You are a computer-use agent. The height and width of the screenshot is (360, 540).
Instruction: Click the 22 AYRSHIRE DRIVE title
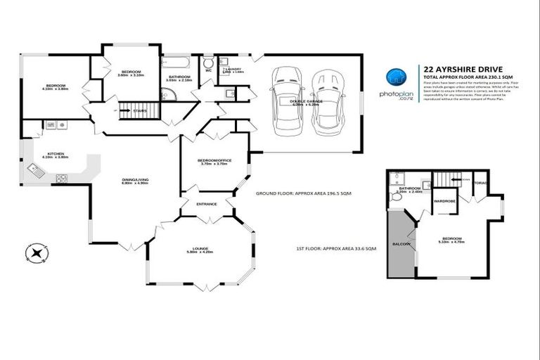pyautogui.click(x=462, y=69)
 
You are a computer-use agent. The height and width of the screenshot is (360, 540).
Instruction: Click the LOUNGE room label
pyautogui.click(x=200, y=248)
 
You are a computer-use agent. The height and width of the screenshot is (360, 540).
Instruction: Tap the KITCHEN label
pyautogui.click(x=56, y=154)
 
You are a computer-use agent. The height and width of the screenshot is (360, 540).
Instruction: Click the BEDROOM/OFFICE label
pyautogui.click(x=216, y=161)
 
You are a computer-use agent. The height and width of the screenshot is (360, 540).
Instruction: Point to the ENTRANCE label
pyautogui.click(x=207, y=204)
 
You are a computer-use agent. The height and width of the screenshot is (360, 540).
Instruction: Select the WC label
pyautogui.click(x=209, y=71)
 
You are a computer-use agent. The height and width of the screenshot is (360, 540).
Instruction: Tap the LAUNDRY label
pyautogui.click(x=233, y=69)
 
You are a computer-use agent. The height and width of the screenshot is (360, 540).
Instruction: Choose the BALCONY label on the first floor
pyautogui.click(x=401, y=243)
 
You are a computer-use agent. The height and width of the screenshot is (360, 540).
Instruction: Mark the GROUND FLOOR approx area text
pyautogui.click(x=303, y=192)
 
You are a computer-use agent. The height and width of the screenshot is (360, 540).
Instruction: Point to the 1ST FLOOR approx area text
pyautogui.click(x=337, y=249)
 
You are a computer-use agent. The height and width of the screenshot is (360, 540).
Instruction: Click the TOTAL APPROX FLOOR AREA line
pyautogui.click(x=466, y=77)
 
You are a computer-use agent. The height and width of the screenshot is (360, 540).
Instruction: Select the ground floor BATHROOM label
pyautogui.click(x=179, y=77)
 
